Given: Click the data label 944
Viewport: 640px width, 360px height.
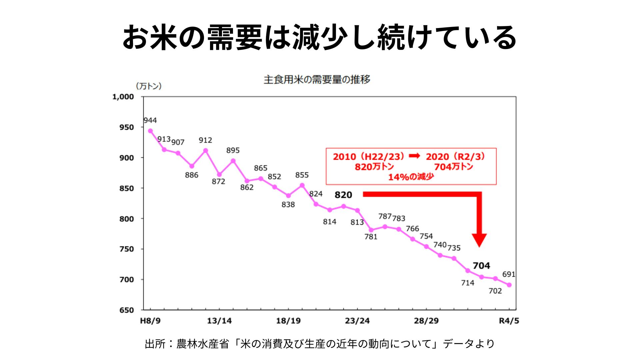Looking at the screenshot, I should (150, 120).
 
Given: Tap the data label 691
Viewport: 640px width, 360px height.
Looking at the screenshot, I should (509, 274).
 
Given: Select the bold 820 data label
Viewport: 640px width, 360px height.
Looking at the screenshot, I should (343, 195).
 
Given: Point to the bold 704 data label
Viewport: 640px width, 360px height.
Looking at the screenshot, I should (481, 266).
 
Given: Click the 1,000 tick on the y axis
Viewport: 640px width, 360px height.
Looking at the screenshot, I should (123, 97).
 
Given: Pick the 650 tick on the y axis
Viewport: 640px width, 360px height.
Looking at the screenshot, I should (127, 310).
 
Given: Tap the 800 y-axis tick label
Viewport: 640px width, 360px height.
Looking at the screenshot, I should (127, 219).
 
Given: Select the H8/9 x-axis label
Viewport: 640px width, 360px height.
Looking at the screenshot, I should (150, 321).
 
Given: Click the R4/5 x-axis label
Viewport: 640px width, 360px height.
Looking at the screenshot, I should (509, 321).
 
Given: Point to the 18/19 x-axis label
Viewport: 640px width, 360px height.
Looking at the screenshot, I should (288, 321).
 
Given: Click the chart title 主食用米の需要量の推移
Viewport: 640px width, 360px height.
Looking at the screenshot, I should (317, 80).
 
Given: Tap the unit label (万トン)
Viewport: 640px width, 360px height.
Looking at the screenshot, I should (149, 86).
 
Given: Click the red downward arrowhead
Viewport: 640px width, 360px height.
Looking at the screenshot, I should (479, 240).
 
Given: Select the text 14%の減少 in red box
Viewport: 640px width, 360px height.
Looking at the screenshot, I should (411, 177).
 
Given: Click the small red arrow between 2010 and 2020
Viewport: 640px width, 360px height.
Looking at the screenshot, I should (414, 156).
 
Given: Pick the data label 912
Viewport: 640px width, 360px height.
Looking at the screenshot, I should (205, 140).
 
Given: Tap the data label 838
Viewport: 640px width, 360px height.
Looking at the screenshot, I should (288, 205).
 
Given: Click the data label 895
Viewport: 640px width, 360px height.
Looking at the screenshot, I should (233, 151).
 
